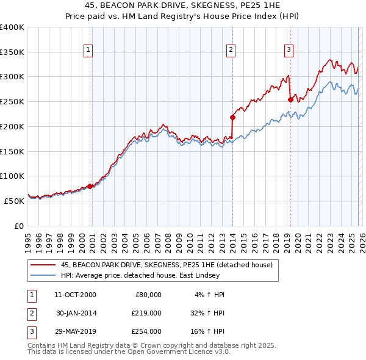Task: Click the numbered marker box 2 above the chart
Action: tap(232, 51)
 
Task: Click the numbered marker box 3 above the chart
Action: tap(289, 51)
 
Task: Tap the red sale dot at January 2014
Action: tap(232, 117)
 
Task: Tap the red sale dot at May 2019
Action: tap(290, 99)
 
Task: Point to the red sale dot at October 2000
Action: tap(90, 186)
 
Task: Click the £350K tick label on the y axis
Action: tap(12, 52)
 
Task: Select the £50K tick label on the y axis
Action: tap(14, 201)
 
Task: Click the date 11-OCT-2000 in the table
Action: tap(76, 295)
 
